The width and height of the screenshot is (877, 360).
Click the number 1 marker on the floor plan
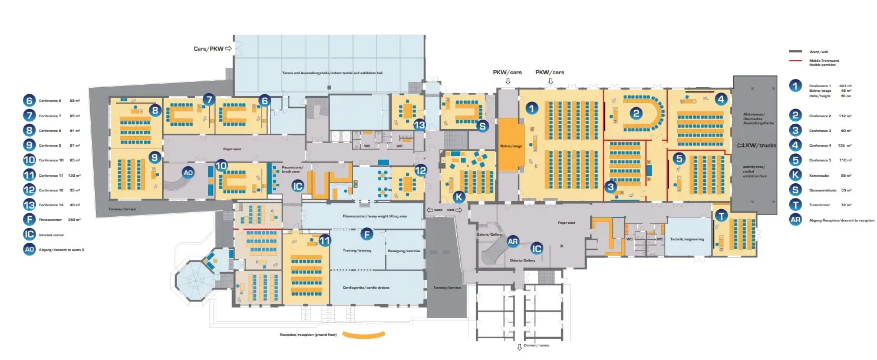click(x=532, y=108)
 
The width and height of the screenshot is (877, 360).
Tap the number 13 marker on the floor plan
click(x=419, y=125)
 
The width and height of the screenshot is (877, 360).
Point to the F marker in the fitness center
click(x=366, y=234)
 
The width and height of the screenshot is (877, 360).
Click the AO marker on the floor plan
click(x=188, y=173)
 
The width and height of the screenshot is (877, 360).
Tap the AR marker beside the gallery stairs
click(x=513, y=242)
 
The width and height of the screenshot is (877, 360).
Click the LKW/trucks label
click(x=748, y=146)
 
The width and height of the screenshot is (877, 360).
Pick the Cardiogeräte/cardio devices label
click(x=365, y=288)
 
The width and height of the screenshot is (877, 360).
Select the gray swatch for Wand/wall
click(x=797, y=52)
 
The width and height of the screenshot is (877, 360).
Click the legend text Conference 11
click(x=51, y=176)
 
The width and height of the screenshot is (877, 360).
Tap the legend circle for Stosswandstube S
click(x=796, y=190)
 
